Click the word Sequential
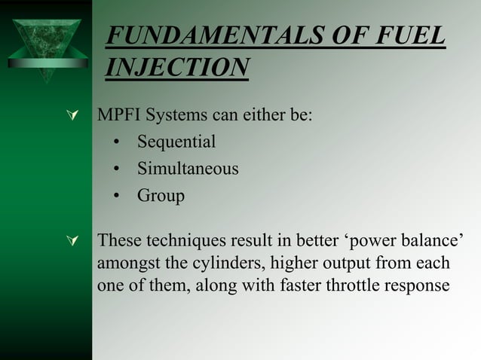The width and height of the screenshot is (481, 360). coord(176,142)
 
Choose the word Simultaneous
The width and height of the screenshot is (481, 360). coord(188,169)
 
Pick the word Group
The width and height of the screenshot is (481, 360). coord(161,196)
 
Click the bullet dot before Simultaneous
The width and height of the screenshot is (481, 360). coord(117,169)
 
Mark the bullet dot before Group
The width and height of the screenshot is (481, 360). coord(117,197)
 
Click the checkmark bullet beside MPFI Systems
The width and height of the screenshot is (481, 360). coord(73,118)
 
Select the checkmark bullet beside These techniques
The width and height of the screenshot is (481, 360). coord(73,242)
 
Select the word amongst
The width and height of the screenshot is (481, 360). coord(124,264)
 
